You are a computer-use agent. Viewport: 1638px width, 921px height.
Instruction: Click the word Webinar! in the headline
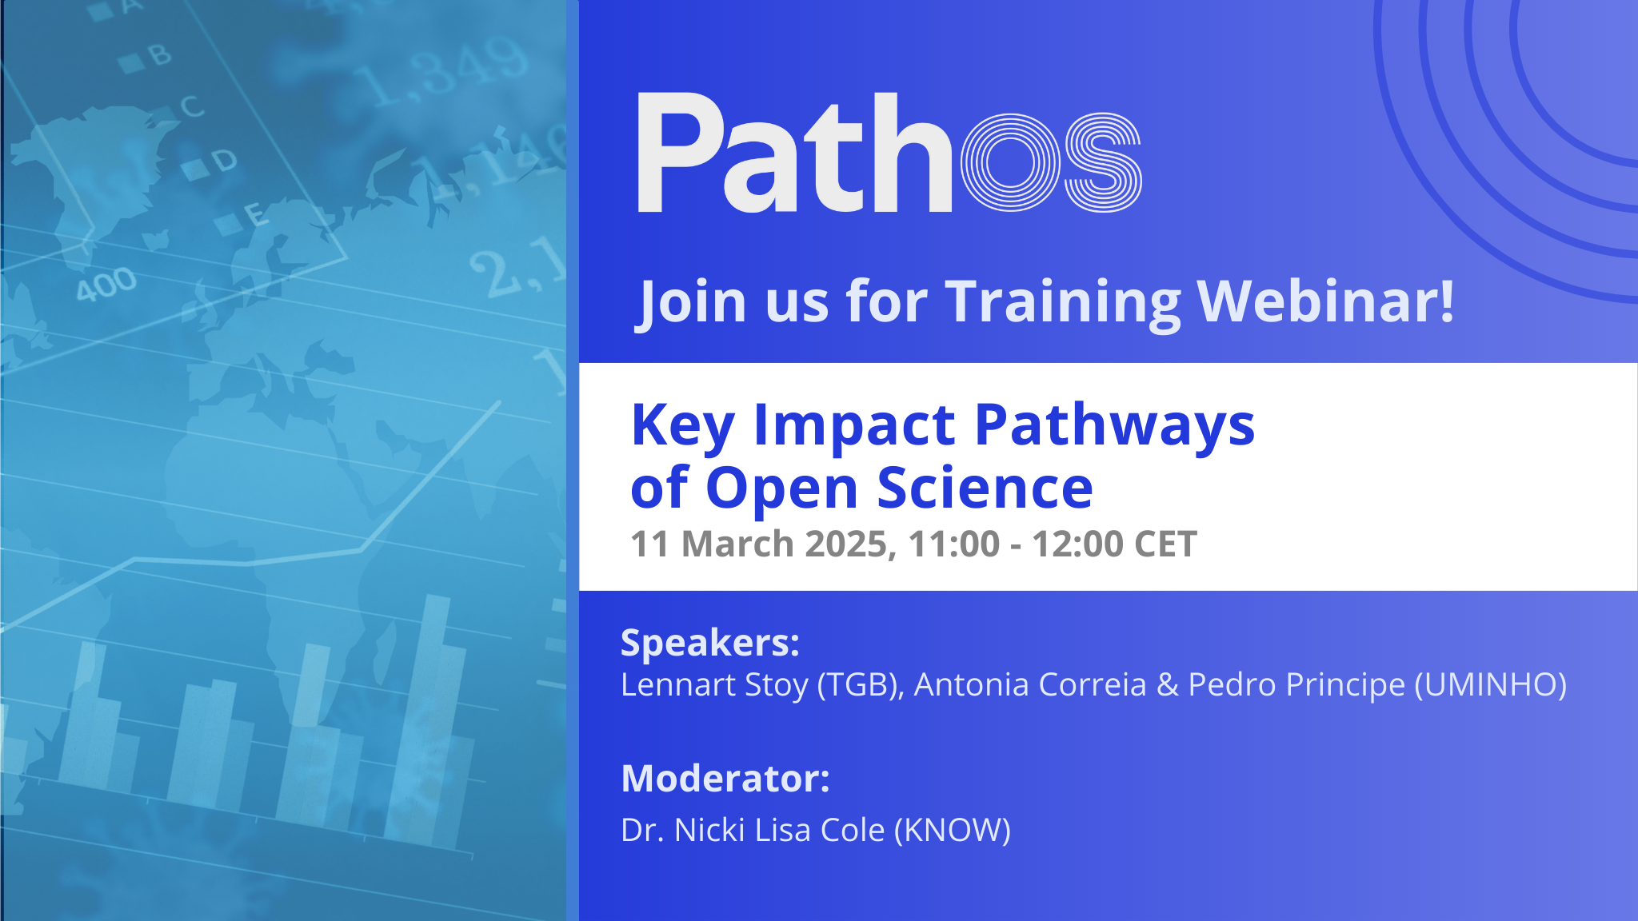1325,301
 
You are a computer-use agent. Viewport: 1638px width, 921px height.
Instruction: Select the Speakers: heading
710,643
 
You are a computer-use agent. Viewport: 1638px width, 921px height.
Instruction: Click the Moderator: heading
725,779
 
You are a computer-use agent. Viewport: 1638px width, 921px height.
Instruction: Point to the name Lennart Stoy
714,685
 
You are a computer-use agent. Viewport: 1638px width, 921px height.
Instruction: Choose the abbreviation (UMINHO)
1490,685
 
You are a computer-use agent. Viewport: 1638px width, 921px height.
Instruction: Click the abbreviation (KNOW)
952,831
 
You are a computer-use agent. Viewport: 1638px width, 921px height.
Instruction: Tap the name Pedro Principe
1296,685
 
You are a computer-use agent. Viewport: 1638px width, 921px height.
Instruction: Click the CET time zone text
1165,544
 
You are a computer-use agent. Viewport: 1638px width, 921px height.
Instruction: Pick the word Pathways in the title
1115,425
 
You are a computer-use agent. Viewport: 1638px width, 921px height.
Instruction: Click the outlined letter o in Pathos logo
1010,163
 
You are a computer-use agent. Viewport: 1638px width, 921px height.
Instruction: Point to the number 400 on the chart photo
106,284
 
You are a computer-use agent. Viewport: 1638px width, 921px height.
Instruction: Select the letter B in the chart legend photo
160,54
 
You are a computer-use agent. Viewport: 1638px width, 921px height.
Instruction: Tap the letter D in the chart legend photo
225,161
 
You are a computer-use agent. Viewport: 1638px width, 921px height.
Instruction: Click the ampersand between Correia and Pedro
1167,685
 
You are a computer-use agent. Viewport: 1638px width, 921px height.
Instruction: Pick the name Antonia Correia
1030,685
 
